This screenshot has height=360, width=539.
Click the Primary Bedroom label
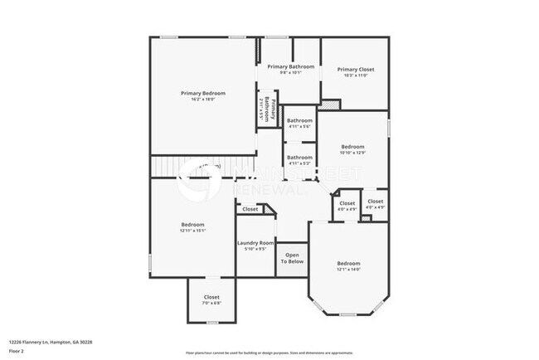(203, 93)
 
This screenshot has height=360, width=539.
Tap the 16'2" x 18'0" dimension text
(203, 100)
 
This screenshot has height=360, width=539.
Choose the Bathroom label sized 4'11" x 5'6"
(299, 120)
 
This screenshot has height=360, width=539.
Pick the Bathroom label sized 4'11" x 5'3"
(299, 157)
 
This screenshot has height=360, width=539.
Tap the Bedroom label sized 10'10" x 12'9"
(352, 146)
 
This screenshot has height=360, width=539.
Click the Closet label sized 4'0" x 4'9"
(347, 203)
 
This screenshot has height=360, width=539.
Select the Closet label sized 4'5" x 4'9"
(376, 202)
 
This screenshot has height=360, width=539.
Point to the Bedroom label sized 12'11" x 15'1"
(193, 224)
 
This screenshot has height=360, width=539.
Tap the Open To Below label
(292, 258)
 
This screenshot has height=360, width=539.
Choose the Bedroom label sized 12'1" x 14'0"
(348, 263)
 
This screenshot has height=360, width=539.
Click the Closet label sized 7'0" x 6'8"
(211, 297)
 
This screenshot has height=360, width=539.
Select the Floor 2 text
(17, 349)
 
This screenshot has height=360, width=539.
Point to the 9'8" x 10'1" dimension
(290, 73)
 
